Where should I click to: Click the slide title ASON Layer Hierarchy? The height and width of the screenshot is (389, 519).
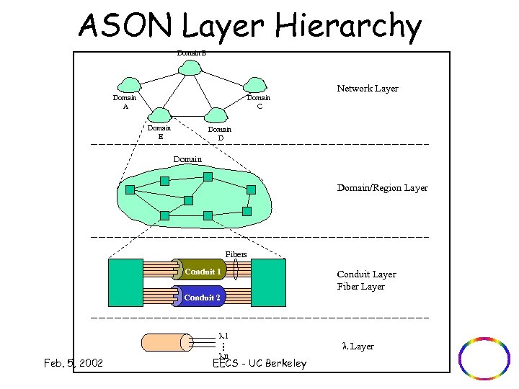tap(249, 27)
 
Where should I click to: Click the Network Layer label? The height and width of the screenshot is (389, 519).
tap(368, 89)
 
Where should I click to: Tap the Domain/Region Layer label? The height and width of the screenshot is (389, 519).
tap(382, 188)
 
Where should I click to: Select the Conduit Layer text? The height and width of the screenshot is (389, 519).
tap(366, 274)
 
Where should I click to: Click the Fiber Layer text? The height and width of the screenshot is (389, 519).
tap(360, 287)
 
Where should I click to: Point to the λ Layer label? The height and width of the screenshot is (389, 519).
tap(358, 346)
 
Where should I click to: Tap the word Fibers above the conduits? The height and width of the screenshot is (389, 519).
tap(236, 254)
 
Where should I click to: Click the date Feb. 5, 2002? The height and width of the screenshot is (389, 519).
tap(73, 363)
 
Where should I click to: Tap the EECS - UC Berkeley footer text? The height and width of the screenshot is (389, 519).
tap(260, 364)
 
